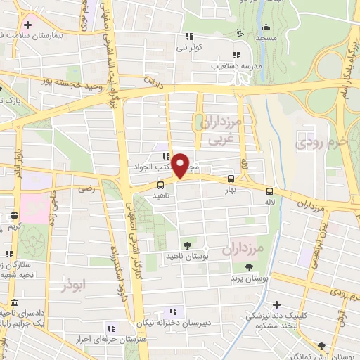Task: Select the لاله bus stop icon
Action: tap(270, 191)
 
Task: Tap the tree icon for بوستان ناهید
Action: tap(188, 245)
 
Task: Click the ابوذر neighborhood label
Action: tap(72, 287)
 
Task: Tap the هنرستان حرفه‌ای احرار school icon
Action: tap(110, 328)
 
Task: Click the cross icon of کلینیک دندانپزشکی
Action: tap(277, 305)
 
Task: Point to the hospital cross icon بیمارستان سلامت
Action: tap(27, 25)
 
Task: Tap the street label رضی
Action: tap(86, 188)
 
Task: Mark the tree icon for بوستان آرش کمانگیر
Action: tap(321, 346)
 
